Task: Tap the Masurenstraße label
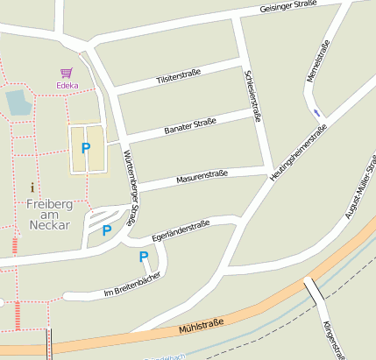[x=202, y=176]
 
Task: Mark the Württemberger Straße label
[x=131, y=185]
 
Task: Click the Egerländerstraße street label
[x=180, y=231]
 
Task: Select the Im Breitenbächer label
[x=132, y=285]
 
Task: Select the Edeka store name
[x=67, y=86]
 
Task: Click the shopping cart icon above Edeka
[x=66, y=74]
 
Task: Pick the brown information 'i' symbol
[x=33, y=187]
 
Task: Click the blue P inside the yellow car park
[x=85, y=148]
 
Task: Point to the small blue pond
[x=18, y=102]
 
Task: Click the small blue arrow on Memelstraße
[x=316, y=112]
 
